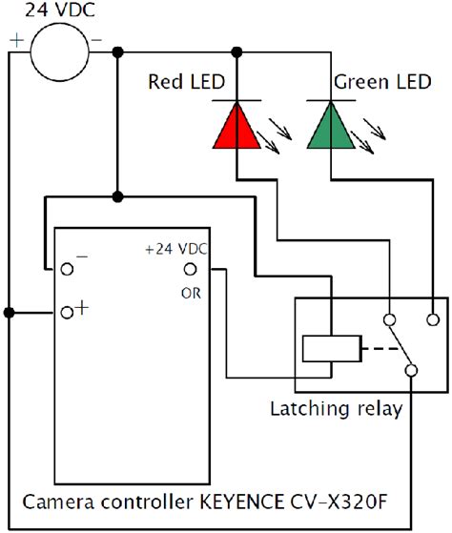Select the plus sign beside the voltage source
tap(16, 41)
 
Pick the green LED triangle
tap(332, 126)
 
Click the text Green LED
tap(379, 82)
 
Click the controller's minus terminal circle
tap(67, 269)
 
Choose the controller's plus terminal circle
tap(67, 312)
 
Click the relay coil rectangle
tap(330, 349)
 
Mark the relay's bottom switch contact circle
tap(412, 370)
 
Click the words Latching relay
tap(336, 410)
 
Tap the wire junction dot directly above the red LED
tap(236, 51)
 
